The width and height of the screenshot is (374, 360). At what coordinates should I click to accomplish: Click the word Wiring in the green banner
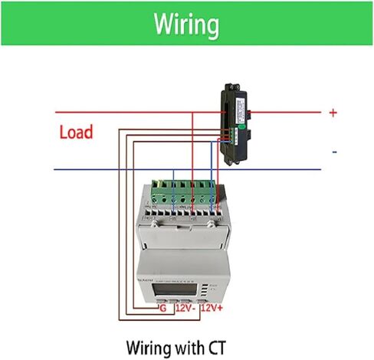tap(186, 25)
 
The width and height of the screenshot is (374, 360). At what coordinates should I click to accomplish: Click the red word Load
tap(76, 132)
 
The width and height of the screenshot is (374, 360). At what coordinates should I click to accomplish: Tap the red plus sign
tap(333, 113)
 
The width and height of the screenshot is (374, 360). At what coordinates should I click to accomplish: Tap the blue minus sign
tap(334, 152)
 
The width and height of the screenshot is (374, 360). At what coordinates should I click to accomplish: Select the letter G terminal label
tap(162, 307)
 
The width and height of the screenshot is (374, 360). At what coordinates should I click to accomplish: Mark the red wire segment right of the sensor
tap(291, 113)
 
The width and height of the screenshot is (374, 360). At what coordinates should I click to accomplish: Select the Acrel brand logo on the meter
tap(146, 281)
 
